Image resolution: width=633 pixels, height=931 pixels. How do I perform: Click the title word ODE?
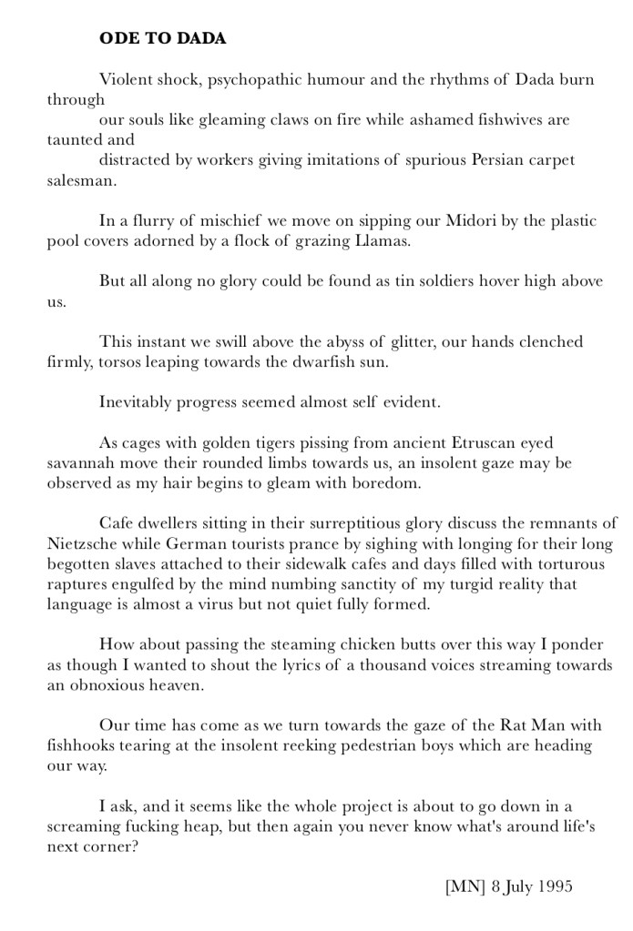tap(117, 39)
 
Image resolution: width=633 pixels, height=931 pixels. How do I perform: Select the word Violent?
tap(125, 79)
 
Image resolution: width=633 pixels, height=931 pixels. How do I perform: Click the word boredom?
tap(383, 482)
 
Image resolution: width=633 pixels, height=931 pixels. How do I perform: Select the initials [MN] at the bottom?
tap(465, 885)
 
